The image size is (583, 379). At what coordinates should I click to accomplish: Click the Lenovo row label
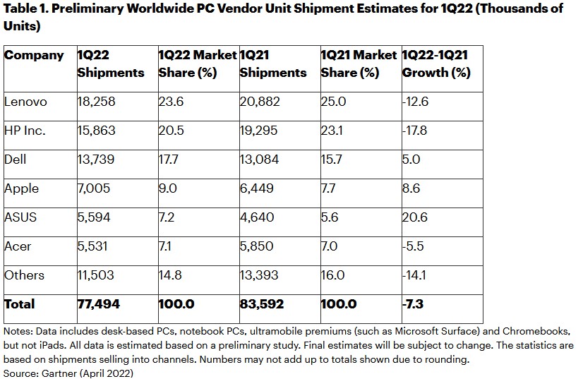point(26,102)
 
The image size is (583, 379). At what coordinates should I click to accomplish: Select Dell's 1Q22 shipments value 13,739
point(96,160)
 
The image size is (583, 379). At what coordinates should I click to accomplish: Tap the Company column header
point(34,55)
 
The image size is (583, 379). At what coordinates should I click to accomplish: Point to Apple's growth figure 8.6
point(411,188)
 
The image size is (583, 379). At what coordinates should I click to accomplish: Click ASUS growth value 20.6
point(414,217)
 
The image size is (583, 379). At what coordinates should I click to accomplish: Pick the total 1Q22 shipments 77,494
point(99,304)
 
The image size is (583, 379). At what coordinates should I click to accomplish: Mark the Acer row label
point(19,246)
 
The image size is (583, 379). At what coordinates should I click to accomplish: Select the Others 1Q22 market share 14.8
point(171,275)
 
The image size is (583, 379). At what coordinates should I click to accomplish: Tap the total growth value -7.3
point(414,304)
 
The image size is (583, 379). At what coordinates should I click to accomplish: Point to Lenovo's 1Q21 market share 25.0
point(333,102)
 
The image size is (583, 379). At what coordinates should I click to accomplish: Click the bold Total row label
point(20,304)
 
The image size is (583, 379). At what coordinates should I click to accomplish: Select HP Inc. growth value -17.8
point(415,131)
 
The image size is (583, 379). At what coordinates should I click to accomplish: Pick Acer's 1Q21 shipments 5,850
point(259,246)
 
